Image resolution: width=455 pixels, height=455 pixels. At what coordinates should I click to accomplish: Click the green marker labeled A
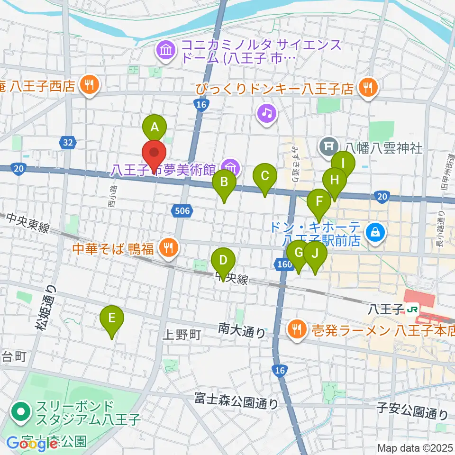click(x=155, y=127)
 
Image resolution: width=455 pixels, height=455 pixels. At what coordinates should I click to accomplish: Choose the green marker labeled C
click(x=265, y=176)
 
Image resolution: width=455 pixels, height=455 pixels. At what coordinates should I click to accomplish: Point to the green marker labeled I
click(x=343, y=164)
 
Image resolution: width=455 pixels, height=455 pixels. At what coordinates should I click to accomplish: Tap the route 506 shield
click(x=182, y=210)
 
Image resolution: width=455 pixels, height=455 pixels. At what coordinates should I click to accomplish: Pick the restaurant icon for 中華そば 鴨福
click(x=167, y=246)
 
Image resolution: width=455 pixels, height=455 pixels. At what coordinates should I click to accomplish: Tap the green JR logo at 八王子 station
click(x=413, y=309)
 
